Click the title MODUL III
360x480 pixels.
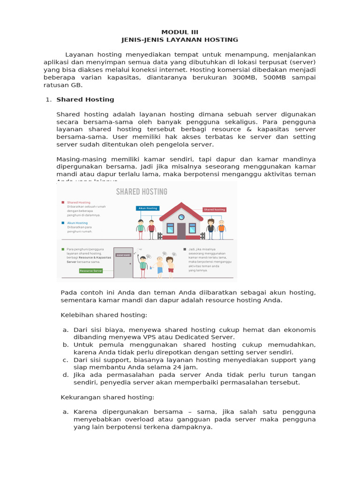click(180, 32)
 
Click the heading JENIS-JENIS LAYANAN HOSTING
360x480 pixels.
click(180, 40)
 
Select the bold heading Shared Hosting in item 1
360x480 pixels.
click(85, 99)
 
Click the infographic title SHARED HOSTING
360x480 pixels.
click(142, 192)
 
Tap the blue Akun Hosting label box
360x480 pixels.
click(148, 208)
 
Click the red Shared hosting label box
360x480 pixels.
click(215, 210)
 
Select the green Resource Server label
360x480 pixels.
click(90, 270)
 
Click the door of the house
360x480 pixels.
click(181, 231)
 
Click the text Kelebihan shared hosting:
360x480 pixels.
click(104, 315)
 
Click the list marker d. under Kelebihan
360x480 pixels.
click(66, 375)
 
